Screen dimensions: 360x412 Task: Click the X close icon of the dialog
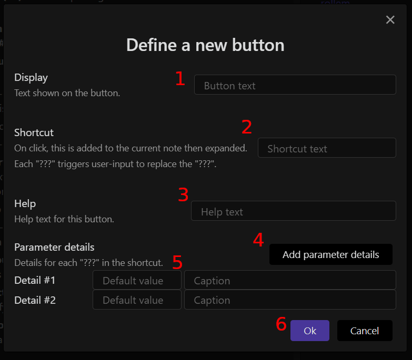(390, 20)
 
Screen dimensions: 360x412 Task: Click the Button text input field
(295, 85)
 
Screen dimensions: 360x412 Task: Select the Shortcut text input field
(326, 148)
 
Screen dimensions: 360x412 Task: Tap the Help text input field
(293, 211)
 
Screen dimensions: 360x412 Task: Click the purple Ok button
(309, 331)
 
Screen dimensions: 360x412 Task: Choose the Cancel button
(365, 331)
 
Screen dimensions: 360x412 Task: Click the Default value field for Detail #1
(137, 281)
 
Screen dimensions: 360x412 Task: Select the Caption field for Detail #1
(289, 281)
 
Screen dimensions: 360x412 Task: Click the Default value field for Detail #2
(137, 300)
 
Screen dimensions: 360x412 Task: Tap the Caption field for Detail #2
(289, 300)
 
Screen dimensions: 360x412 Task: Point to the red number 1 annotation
(180, 79)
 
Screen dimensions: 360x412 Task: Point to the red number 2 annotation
(247, 127)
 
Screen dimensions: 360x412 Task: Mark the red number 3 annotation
(183, 195)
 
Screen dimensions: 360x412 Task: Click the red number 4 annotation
(258, 240)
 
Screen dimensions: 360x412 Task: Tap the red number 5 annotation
(177, 262)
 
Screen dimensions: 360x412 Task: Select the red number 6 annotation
(281, 324)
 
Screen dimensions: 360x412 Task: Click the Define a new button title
(205, 45)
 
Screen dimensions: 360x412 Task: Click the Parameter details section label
(54, 247)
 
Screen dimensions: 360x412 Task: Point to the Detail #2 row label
(35, 300)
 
